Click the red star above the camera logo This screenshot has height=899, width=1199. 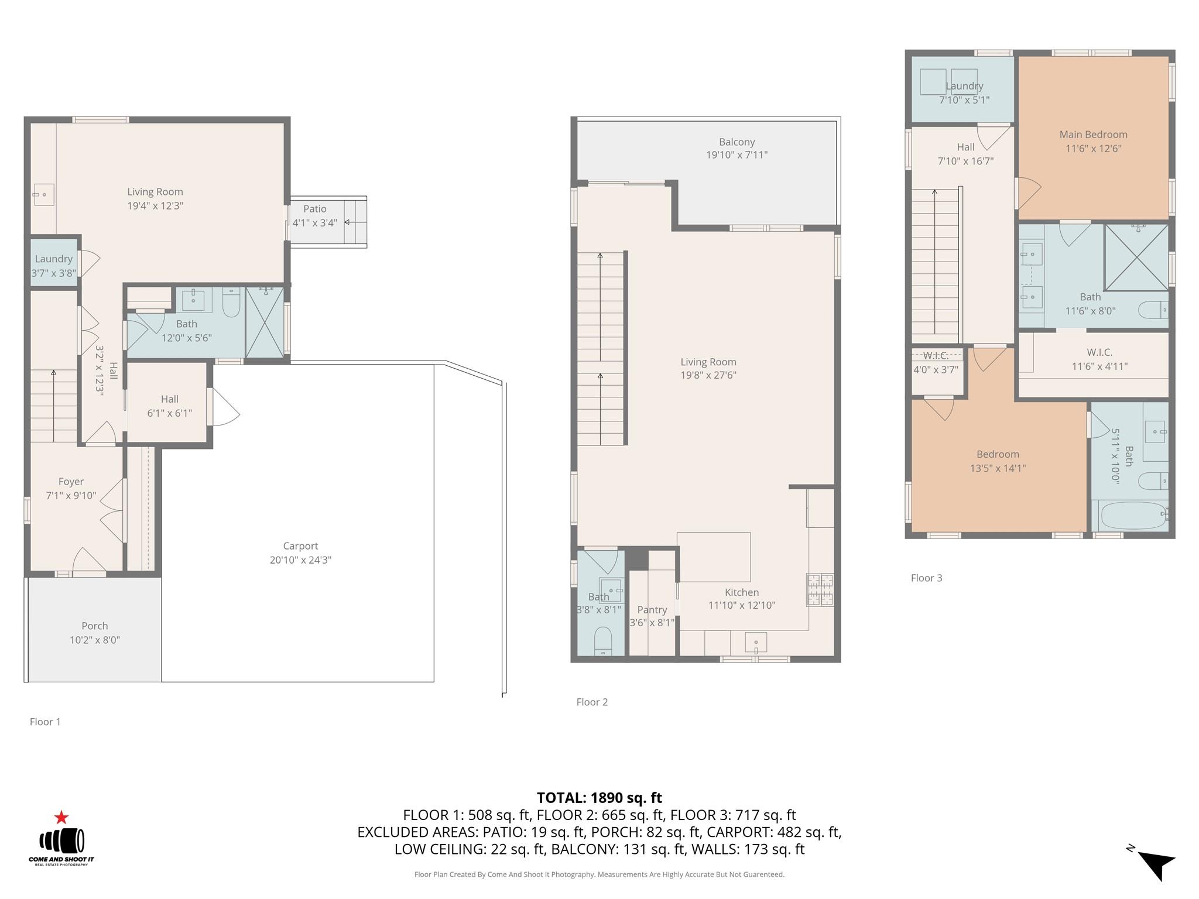click(x=61, y=818)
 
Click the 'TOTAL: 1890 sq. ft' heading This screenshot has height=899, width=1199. click(x=599, y=798)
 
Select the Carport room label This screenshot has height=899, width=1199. click(x=300, y=545)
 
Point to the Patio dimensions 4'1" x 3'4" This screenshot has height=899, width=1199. click(x=314, y=222)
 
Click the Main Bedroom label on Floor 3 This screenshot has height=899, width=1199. click(x=1093, y=135)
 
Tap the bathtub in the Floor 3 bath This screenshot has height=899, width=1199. click(x=1133, y=516)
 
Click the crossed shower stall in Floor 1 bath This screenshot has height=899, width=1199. click(x=264, y=322)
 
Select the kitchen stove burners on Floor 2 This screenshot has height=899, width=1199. click(x=820, y=589)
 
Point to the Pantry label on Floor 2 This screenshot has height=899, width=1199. click(x=652, y=609)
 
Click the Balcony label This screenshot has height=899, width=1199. click(x=736, y=142)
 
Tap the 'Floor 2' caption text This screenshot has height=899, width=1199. click(x=592, y=702)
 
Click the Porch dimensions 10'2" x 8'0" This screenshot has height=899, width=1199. click(x=95, y=640)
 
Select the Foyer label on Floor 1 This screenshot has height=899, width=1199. click(x=71, y=482)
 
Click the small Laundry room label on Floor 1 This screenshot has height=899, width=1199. click(x=53, y=259)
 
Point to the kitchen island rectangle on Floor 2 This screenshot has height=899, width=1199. click(x=713, y=557)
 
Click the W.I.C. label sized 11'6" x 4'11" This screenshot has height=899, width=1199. click(x=1099, y=352)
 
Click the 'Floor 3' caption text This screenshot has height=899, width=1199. click(x=926, y=578)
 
